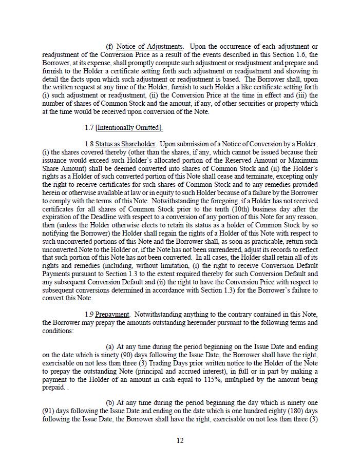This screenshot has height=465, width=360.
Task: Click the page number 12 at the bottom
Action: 180,440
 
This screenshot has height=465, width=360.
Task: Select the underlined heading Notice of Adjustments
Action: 149,47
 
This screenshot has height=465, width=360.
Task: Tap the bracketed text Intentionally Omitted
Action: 129,128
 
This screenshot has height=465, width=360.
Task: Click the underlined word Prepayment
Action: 112,315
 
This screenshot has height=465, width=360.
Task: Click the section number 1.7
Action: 89,128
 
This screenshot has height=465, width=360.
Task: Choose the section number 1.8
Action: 89,144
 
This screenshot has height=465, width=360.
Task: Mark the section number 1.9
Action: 89,315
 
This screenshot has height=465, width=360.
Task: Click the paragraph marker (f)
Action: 109,47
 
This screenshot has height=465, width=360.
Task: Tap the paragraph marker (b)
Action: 110,404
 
